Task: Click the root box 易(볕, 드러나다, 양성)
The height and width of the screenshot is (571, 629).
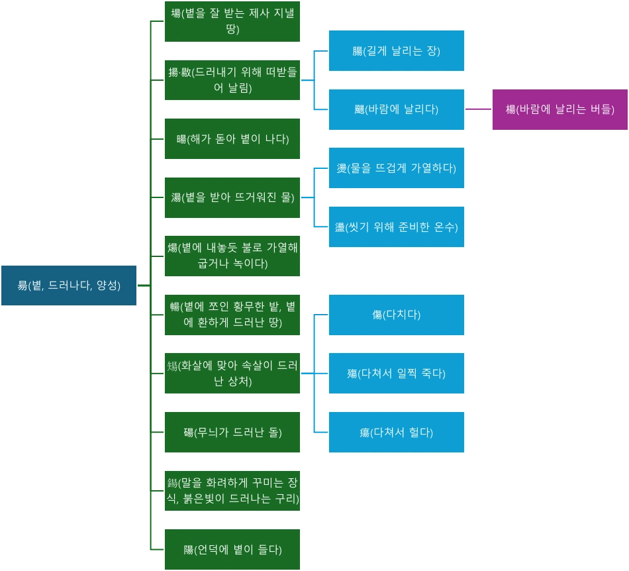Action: [69, 285]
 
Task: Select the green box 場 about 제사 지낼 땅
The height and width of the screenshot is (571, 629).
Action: [232, 21]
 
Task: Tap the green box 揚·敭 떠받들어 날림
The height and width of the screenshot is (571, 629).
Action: [232, 80]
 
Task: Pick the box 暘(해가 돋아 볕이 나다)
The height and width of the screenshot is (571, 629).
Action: [232, 138]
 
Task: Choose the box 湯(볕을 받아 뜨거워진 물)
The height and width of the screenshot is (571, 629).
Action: [232, 197]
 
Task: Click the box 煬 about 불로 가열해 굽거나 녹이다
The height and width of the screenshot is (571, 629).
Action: [232, 256]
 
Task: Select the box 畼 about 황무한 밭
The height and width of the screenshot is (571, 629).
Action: [232, 315]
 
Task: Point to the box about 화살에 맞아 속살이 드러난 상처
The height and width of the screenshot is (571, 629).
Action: [232, 374]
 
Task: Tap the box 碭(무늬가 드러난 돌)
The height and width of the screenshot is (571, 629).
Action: [232, 432]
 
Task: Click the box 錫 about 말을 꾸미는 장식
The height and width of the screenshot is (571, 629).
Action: [232, 490]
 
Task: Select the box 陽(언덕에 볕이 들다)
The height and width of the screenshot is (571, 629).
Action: [232, 549]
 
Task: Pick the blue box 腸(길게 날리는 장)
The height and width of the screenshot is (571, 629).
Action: [397, 50]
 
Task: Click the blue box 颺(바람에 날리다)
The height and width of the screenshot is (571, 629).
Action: [397, 109]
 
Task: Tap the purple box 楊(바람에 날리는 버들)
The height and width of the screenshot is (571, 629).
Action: [560, 109]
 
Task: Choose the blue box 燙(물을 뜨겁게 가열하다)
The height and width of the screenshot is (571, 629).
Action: [397, 168]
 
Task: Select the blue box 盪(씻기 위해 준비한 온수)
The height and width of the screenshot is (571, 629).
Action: [397, 227]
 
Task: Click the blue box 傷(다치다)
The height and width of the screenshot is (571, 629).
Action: [397, 315]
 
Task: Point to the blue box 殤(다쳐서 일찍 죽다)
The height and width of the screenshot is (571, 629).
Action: [397, 373]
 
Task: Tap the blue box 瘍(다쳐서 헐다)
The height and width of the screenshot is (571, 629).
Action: [397, 432]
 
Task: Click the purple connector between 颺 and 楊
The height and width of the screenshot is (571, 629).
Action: [478, 109]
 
